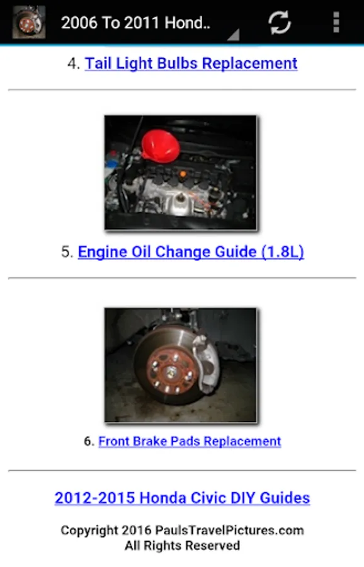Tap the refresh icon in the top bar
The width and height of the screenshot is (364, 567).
[280, 23]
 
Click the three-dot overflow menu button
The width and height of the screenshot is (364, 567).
[336, 22]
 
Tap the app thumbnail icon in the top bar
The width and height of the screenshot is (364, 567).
[29, 22]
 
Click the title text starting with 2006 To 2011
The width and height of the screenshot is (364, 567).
[135, 23]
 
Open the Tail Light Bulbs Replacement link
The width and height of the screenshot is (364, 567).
[191, 63]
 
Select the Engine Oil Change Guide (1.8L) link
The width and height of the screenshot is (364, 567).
[191, 251]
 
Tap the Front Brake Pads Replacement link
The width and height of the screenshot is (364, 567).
[190, 441]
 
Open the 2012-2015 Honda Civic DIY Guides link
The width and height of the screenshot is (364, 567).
[182, 498]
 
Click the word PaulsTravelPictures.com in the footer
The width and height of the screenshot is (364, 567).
[229, 530]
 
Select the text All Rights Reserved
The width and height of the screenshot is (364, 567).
[182, 546]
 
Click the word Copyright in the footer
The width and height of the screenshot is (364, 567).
[89, 530]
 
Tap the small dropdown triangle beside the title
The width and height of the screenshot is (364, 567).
[234, 35]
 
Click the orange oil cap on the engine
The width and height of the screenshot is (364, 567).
[183, 175]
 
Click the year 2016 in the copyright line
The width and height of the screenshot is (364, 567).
[136, 530]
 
